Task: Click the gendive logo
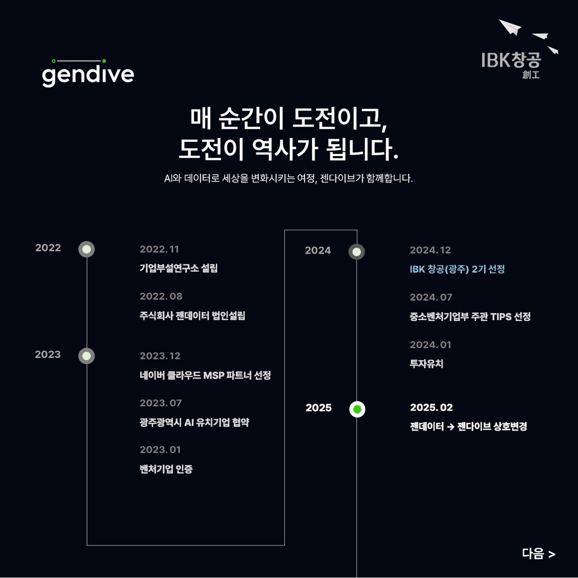[x=88, y=73]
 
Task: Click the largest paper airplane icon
[x=510, y=27]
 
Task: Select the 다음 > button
[x=538, y=554]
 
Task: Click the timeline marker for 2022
[x=87, y=249]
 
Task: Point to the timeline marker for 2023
[x=87, y=356]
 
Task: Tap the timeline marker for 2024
[x=356, y=252]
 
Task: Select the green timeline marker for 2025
[x=357, y=409]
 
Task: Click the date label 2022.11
[x=159, y=249]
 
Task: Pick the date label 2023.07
[x=160, y=403]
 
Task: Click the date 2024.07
[x=431, y=297]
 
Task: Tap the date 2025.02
[x=431, y=407]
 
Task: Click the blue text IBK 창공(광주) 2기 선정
[x=457, y=269]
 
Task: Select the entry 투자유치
[x=426, y=364]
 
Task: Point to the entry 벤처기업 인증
[x=166, y=469]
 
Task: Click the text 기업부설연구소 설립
[x=178, y=268]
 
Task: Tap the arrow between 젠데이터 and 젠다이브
[x=450, y=427]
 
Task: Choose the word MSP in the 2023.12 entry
[x=213, y=375]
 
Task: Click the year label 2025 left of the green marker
[x=318, y=408]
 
